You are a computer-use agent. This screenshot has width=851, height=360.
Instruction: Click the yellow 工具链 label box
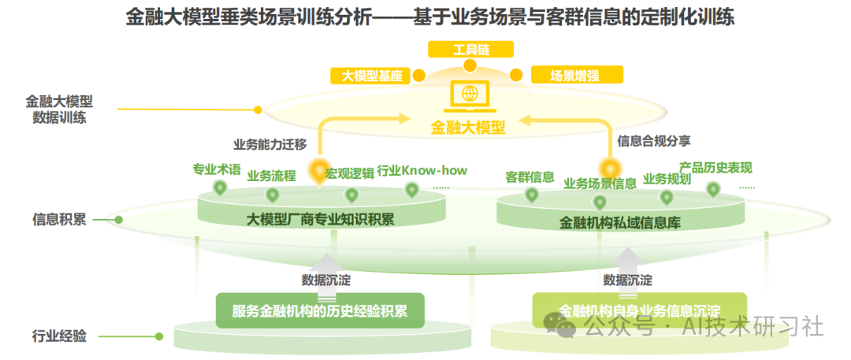[470, 49]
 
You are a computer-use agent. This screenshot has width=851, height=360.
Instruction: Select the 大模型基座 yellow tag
[372, 76]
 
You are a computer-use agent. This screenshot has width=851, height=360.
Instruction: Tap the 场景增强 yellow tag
[576, 76]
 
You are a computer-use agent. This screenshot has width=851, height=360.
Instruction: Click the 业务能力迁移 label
[269, 144]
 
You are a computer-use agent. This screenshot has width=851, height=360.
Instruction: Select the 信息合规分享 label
[654, 141]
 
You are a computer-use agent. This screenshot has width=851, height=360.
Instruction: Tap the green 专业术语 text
[217, 169]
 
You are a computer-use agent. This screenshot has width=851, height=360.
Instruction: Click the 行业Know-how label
[422, 170]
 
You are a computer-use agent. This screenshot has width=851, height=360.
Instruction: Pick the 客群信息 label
[530, 176]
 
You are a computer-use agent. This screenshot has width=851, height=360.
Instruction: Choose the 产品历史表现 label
[715, 168]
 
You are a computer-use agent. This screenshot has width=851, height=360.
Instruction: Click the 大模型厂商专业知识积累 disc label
[321, 218]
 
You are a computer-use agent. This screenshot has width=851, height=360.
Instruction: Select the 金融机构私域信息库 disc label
[620, 223]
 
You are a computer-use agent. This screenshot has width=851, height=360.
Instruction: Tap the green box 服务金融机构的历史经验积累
[320, 310]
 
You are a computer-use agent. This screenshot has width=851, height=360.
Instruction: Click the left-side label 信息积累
[59, 219]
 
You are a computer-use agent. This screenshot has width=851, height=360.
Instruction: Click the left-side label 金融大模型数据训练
[59, 109]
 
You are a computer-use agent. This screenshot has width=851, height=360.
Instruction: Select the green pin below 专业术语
[220, 187]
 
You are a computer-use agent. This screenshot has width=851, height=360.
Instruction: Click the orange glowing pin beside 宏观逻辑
[318, 171]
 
